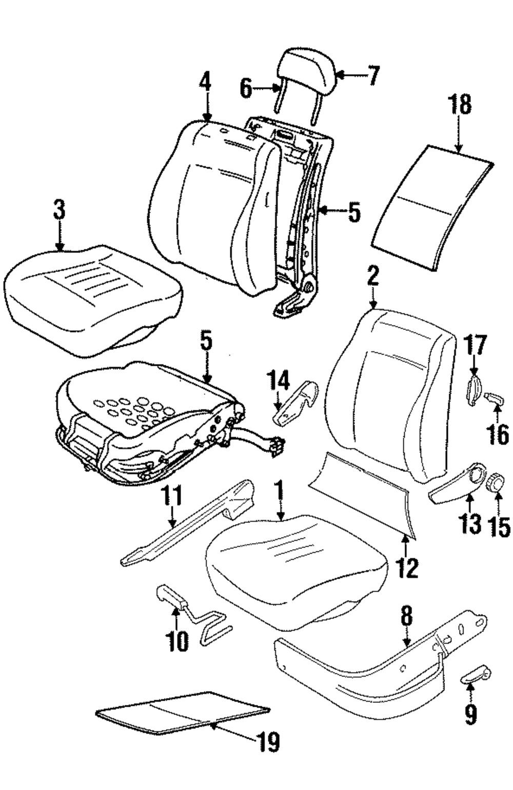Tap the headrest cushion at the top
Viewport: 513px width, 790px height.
click(x=306, y=70)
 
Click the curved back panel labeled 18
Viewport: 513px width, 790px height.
click(x=432, y=208)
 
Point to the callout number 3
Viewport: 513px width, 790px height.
click(x=59, y=210)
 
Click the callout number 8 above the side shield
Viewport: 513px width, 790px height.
click(x=406, y=617)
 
